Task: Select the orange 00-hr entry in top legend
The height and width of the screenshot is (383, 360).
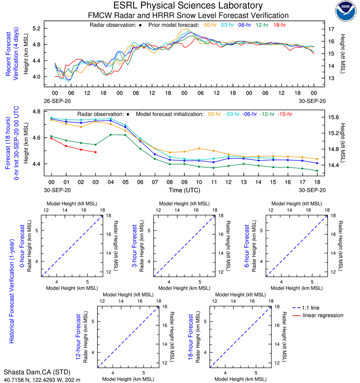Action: [210, 25]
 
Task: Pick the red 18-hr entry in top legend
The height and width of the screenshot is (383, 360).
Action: [279, 25]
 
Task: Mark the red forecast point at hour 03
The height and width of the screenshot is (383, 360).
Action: [95, 152]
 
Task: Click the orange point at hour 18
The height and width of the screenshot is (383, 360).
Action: [317, 159]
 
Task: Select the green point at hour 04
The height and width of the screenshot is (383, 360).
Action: [110, 135]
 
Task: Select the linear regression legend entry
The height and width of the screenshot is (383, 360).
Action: [323, 315]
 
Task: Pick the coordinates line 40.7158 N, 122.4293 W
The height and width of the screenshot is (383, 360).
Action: [42, 379]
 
